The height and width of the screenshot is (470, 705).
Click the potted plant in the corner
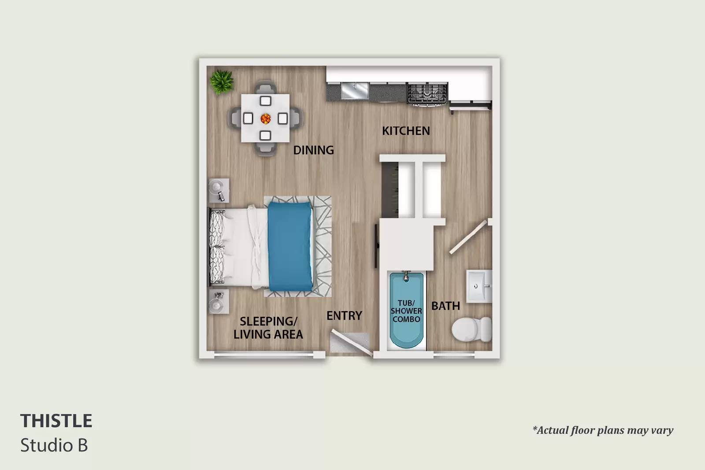point(222,82)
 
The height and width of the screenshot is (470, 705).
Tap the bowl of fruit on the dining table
point(266,118)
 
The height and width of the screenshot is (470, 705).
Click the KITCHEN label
point(406,131)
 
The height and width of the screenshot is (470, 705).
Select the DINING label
point(313,150)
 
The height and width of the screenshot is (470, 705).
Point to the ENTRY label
point(344,315)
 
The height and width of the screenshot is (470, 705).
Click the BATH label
point(445,306)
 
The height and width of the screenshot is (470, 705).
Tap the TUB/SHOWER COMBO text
point(406,311)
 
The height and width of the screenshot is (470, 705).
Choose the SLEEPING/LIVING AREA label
point(268,328)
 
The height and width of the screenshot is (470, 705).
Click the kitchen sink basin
point(355,91)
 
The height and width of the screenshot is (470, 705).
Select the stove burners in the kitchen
point(427,93)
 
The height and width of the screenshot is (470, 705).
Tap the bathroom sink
point(479,286)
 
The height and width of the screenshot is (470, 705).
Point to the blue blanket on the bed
point(290,246)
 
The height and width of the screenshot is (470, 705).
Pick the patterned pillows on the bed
point(217,247)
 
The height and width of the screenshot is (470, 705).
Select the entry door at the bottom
point(352,343)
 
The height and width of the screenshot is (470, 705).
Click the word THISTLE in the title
point(56,421)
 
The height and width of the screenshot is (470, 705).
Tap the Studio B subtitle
point(54,445)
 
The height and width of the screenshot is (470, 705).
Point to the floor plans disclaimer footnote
point(603,430)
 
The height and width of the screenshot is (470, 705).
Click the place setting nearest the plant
point(265,101)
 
